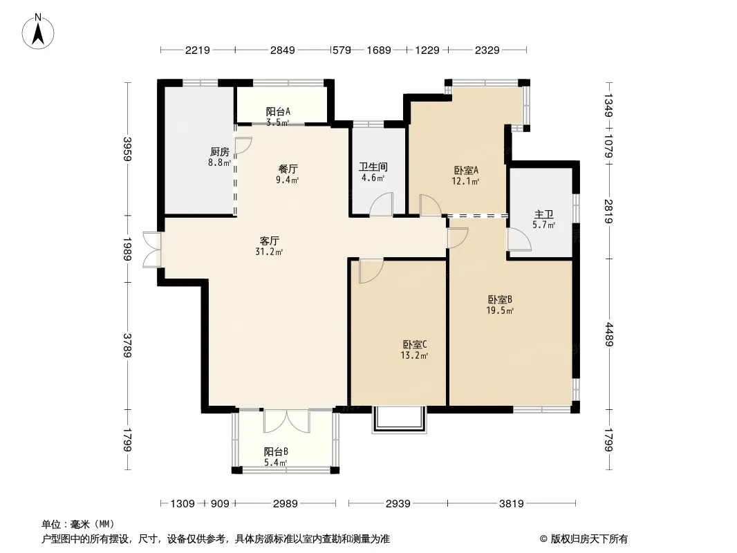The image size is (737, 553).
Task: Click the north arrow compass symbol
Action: pos(38,31)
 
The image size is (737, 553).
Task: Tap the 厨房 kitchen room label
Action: pos(219,152)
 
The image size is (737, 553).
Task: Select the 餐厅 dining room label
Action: pos(288,169)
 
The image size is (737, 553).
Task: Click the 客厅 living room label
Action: pos(270,241)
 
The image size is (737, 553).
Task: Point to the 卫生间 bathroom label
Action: pos(373,167)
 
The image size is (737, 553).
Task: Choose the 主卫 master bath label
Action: pos(544,214)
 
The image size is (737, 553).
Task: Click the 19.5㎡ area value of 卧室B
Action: pos(500,310)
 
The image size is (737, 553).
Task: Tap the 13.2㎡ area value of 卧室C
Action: pos(414,356)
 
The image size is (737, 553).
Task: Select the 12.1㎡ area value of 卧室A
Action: pos(465,181)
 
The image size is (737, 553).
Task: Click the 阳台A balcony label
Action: pos(278,111)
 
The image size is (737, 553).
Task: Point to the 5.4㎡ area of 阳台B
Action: pos(275,462)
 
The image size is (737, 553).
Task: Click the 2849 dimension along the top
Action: pos(283,50)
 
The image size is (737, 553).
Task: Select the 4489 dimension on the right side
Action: pos(608,334)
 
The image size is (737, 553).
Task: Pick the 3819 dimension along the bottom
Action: pos(512,504)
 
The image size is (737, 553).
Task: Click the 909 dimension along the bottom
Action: pos(219,504)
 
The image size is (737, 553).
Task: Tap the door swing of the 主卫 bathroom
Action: pos(519,240)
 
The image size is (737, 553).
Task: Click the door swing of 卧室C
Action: pos(371,271)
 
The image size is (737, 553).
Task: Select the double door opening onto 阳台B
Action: pos(286,421)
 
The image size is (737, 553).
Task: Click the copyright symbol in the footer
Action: pos(543,539)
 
